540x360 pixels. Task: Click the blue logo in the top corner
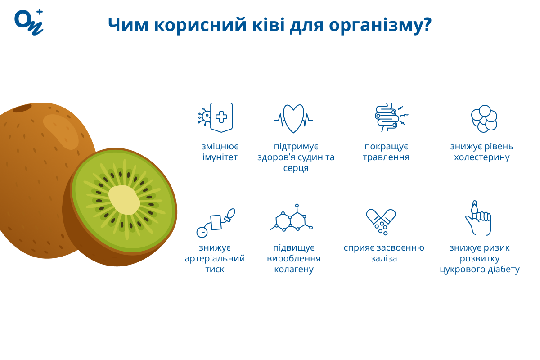(29, 22)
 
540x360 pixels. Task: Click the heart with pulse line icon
(293, 119)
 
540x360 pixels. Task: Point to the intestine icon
(388, 117)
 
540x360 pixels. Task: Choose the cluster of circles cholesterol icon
(484, 119)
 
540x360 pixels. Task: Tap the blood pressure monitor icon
(216, 223)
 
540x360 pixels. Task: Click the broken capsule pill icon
(381, 220)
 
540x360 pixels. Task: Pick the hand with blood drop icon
(478, 219)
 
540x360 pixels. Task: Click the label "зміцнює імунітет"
(220, 152)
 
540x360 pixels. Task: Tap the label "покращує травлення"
(386, 152)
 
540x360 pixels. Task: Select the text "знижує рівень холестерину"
(481, 152)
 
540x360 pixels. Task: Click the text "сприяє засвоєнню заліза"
(384, 253)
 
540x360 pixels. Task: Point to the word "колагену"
(294, 269)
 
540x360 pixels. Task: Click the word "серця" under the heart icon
(296, 168)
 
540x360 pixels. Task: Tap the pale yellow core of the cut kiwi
(124, 200)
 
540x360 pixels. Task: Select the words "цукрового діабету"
(480, 269)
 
